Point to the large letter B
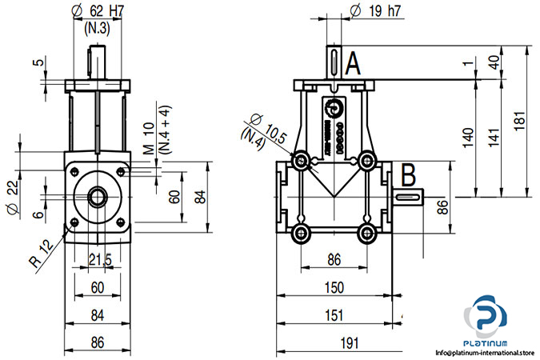[408, 174]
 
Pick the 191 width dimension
[349, 342]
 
